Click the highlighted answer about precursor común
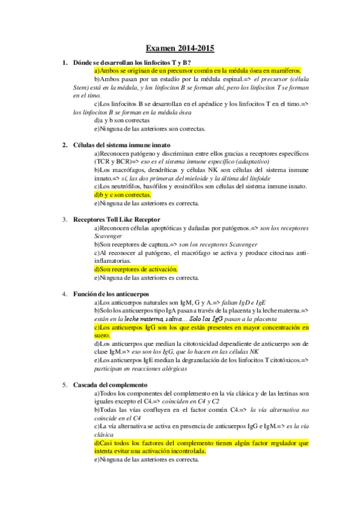[197, 70]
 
